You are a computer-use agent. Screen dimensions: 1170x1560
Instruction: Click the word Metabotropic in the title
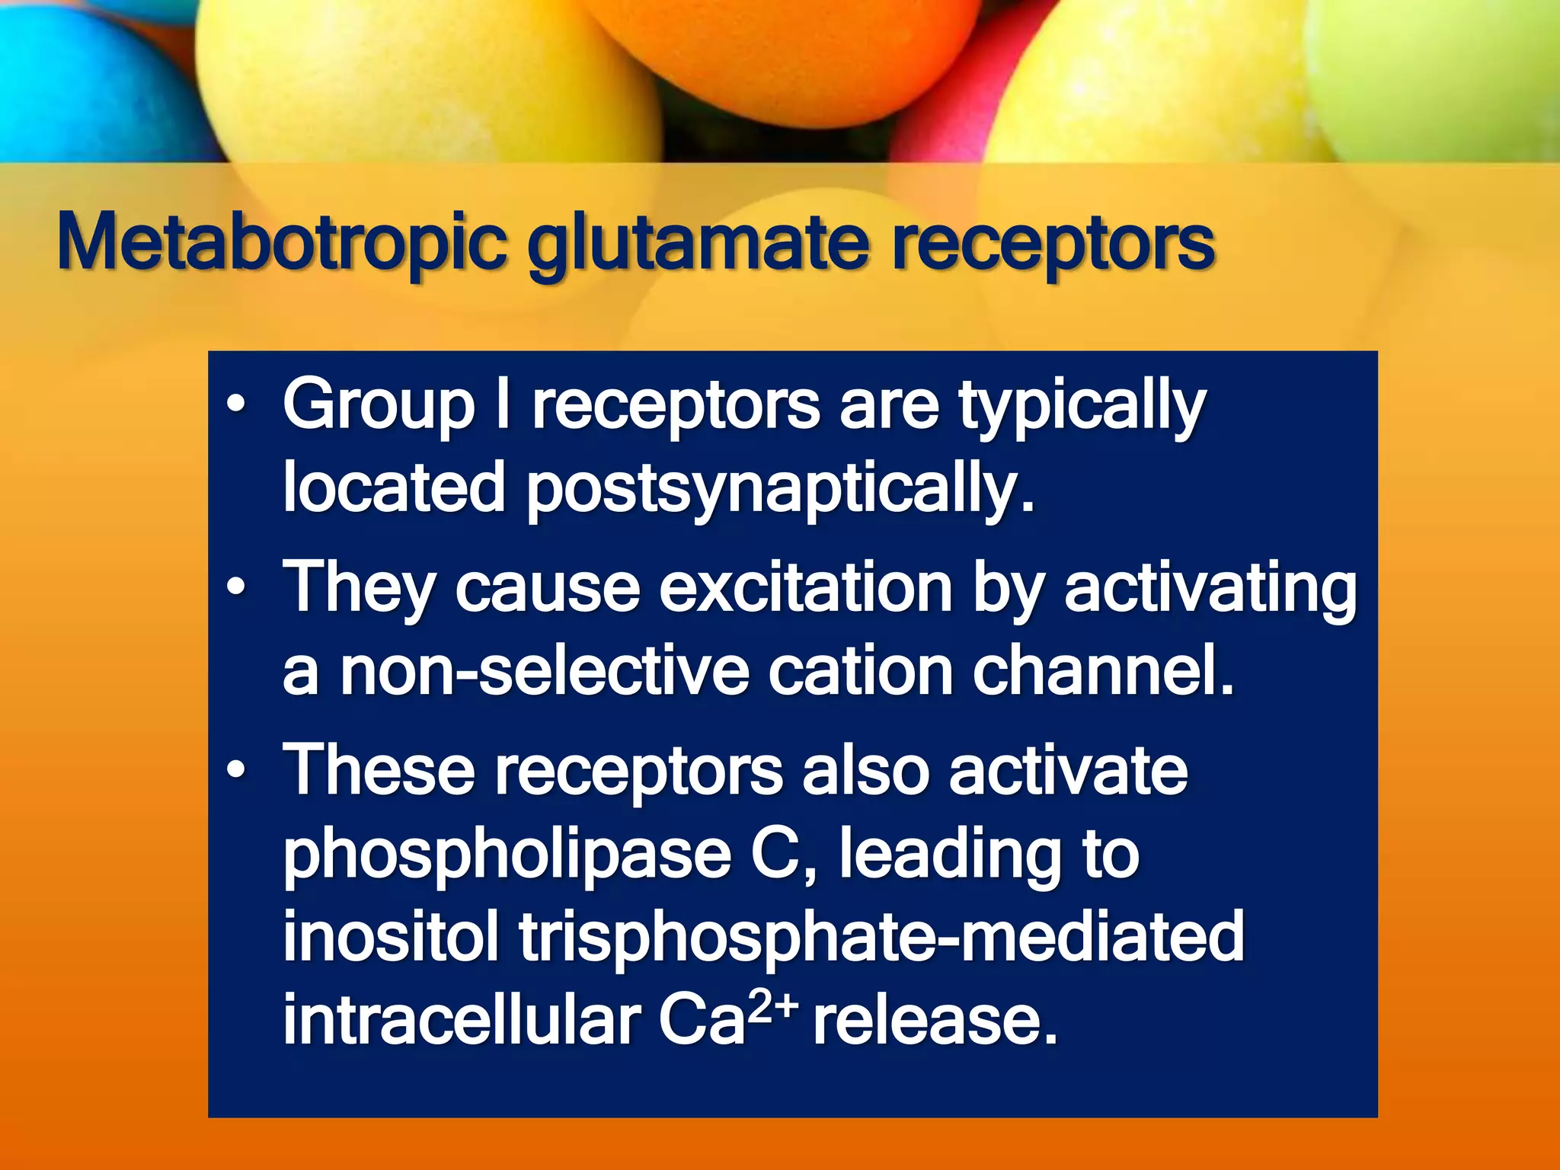pyautogui.click(x=282, y=242)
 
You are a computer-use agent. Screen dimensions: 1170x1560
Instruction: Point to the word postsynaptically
pyautogui.click(x=781, y=489)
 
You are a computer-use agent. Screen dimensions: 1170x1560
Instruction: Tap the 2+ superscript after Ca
pyautogui.click(x=772, y=1007)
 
